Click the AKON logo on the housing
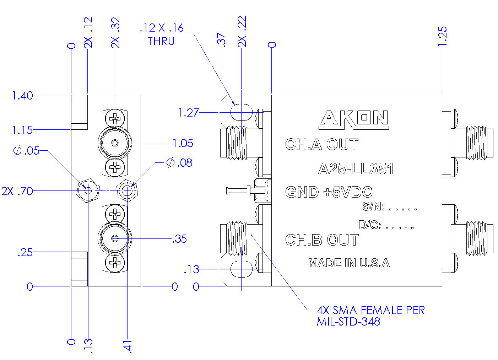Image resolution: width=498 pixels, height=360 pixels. point(354,119)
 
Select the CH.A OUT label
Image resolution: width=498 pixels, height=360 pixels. point(322,145)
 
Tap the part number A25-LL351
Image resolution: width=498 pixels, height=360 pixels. point(356,169)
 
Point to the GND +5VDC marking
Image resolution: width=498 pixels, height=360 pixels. point(329,192)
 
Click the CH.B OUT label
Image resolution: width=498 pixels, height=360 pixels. point(322,240)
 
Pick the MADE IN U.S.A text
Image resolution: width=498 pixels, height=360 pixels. point(349,263)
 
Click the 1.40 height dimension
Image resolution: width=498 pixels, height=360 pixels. point(22,96)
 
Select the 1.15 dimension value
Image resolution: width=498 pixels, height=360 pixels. point(22,130)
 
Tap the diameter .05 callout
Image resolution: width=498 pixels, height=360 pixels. point(27,151)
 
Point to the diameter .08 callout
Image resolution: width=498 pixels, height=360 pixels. point(179,163)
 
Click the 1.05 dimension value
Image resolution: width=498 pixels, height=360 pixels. point(183,143)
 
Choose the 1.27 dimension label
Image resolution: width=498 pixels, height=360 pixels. point(188,113)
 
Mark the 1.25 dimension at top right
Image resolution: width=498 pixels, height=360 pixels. point(442,36)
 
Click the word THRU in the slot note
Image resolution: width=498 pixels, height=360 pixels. point(161,42)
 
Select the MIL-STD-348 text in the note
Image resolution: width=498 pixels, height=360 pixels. point(348,322)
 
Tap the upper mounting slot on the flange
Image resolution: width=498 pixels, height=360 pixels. point(242,112)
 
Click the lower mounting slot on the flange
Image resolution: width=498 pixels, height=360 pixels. point(242,269)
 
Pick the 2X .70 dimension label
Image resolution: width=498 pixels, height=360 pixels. point(17,191)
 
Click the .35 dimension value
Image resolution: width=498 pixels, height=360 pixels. point(180,239)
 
